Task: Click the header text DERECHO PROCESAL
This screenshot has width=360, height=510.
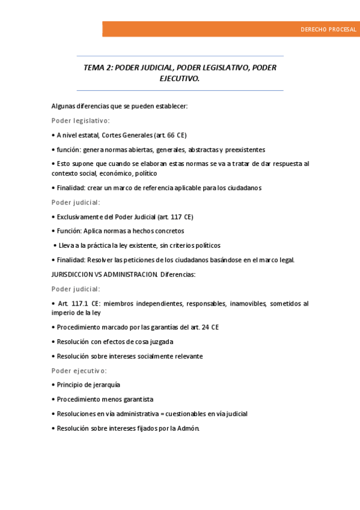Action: pos(328,29)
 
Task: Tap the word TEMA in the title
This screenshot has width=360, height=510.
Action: pos(94,67)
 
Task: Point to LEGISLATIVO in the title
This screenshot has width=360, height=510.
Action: pos(217,67)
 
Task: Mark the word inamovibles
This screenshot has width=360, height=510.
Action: pos(245,304)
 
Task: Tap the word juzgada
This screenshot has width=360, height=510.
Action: pos(160,342)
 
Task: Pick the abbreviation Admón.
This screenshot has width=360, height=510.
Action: pos(188,428)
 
